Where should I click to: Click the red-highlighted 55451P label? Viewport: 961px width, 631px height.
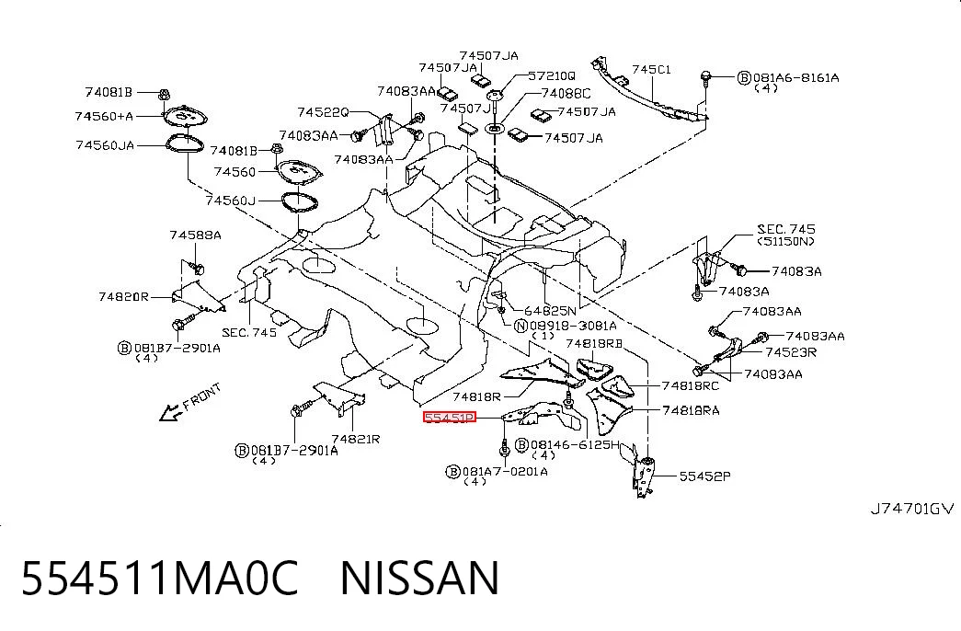[450, 418]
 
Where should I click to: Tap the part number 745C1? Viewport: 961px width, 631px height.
[651, 69]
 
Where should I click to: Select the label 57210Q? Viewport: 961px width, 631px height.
[552, 76]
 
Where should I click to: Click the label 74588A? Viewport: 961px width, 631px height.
[196, 235]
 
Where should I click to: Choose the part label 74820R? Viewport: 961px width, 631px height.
[123, 297]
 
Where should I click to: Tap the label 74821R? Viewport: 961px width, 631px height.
[356, 439]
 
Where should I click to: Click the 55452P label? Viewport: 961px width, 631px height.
[704, 476]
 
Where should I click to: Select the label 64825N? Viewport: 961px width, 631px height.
[550, 311]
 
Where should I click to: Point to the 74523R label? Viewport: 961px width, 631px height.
[791, 352]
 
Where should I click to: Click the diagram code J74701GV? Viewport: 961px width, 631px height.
[912, 509]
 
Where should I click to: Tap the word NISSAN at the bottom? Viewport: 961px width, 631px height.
[420, 578]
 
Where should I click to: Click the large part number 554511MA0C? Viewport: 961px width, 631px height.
[160, 578]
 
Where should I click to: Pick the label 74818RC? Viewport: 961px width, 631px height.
[690, 385]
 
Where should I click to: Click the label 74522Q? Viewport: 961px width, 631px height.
[323, 112]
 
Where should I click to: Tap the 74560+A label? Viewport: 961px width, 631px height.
[104, 116]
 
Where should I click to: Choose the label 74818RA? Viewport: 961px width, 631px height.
[691, 410]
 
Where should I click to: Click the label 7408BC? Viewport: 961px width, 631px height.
[566, 93]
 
